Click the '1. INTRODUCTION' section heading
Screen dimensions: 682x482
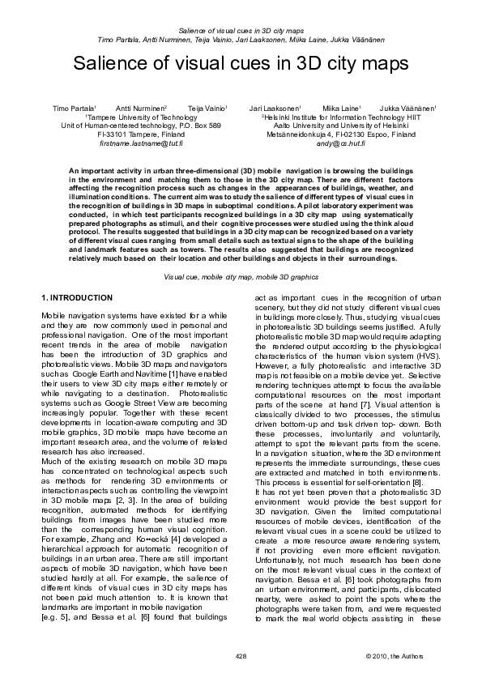pyautogui.click(x=77, y=299)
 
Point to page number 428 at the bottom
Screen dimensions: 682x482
pyautogui.click(x=240, y=654)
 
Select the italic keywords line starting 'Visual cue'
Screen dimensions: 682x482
pyautogui.click(x=241, y=277)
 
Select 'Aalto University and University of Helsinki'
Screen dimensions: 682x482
pyautogui.click(x=344, y=126)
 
